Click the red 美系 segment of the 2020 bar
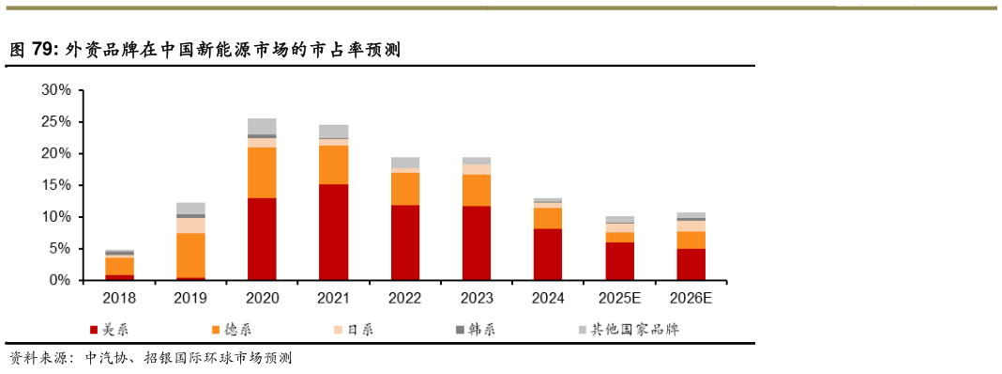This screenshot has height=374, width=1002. click(262, 239)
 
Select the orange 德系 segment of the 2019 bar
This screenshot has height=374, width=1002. click(190, 255)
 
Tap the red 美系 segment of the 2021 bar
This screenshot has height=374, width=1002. click(333, 232)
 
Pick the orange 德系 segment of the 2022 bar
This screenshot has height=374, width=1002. click(405, 189)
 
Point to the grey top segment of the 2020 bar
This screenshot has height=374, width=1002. click(262, 126)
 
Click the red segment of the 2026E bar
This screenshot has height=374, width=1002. click(691, 264)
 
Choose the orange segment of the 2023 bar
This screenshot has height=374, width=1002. click(477, 190)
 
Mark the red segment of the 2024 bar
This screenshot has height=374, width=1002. click(548, 254)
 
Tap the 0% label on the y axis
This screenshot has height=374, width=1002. click(60, 280)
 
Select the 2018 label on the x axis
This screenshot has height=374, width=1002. click(119, 298)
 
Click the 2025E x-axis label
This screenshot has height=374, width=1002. click(619, 298)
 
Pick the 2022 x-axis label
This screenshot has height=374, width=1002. click(405, 298)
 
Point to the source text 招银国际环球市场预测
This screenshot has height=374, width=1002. click(219, 358)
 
